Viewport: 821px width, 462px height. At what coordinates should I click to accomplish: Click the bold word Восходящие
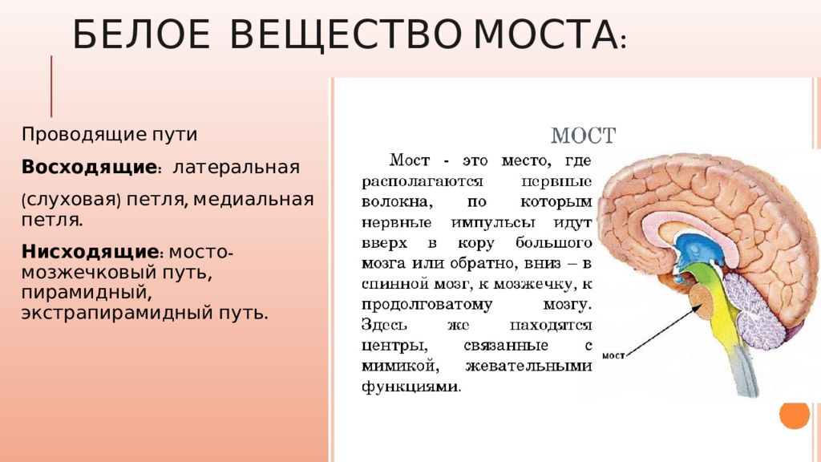88,168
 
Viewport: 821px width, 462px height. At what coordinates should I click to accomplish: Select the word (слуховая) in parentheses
71,198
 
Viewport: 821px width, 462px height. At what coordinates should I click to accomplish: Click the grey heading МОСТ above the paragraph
583,136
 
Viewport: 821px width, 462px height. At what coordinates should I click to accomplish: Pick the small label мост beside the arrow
613,355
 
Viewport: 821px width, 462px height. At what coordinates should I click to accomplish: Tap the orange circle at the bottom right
795,414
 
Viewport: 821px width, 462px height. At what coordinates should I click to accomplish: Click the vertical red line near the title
52,87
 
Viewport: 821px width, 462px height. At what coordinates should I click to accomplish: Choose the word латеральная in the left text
236,168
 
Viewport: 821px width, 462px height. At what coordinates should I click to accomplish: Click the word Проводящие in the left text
75,134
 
